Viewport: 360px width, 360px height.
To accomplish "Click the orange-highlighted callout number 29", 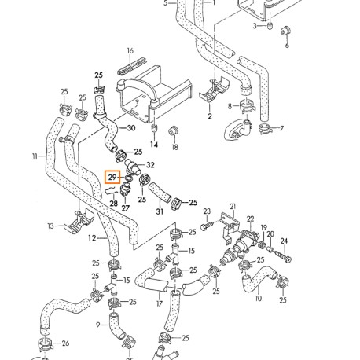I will (x=113, y=178).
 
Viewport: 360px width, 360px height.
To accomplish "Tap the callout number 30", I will (x=131, y=128).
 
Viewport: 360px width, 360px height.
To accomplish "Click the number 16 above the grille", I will (x=130, y=50).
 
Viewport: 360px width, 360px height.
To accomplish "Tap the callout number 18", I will (x=175, y=146).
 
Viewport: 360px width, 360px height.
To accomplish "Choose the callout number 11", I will (x=35, y=156).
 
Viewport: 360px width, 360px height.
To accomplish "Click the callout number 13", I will (x=50, y=226).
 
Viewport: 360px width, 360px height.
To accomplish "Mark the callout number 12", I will (x=91, y=237).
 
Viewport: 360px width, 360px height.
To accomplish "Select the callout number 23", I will (x=207, y=211).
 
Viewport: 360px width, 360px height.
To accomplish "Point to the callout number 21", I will (x=232, y=206).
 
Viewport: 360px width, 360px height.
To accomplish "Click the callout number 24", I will (x=284, y=240).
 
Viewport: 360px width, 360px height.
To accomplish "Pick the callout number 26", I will (x=65, y=343).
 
